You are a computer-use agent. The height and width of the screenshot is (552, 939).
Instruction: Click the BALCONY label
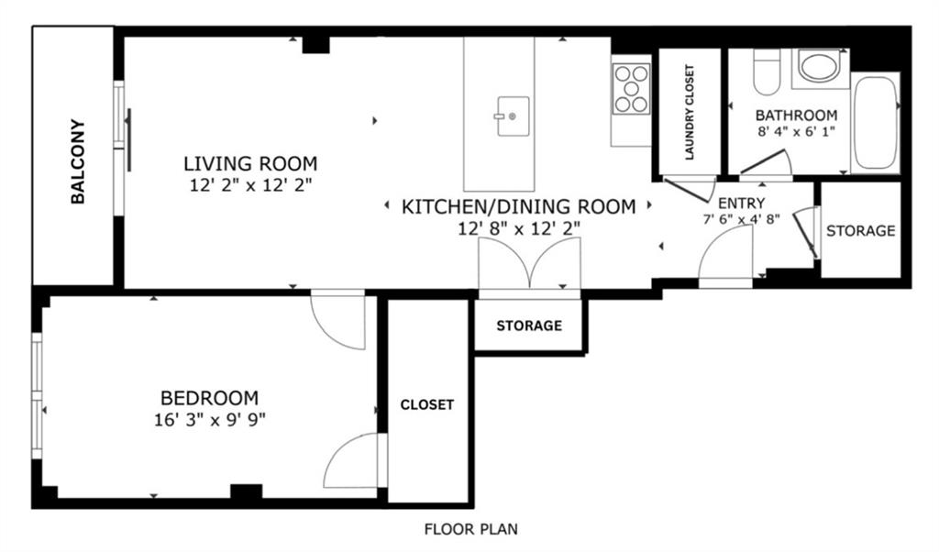78,161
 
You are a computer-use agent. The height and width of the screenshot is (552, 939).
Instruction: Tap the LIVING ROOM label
250,163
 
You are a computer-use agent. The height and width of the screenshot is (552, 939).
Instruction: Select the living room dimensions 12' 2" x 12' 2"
251,185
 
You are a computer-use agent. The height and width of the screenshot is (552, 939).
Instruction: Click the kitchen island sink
512,116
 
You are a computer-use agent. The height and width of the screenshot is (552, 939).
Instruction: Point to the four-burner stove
631,89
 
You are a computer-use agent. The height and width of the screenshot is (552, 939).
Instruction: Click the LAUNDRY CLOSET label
690,112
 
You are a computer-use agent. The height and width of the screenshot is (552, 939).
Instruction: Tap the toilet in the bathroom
767,72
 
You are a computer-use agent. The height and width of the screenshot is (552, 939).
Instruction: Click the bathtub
876,123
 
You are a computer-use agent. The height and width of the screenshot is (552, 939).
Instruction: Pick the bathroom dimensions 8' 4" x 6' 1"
797,132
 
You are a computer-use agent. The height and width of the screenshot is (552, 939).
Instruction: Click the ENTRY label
741,203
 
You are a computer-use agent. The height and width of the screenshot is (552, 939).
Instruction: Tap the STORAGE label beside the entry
860,230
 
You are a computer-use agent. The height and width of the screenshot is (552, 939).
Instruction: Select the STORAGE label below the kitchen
529,326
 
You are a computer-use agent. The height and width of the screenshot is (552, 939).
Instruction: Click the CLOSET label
427,404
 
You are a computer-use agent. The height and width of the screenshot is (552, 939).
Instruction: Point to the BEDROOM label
210,398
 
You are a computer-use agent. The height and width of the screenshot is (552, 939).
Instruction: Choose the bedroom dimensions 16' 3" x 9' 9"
210,420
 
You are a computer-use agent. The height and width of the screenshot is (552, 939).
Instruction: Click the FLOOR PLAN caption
470,529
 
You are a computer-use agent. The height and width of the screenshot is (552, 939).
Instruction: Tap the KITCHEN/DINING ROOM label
519,206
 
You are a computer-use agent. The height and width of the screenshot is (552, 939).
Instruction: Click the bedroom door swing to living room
328,330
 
